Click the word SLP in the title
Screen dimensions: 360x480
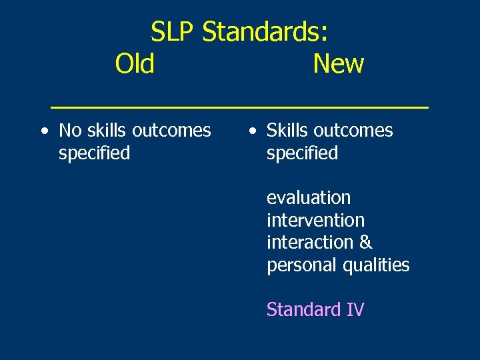[x=173, y=31]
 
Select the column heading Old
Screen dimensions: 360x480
[x=135, y=64]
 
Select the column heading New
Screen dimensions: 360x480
[x=338, y=64]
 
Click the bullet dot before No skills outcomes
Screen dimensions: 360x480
[x=43, y=131]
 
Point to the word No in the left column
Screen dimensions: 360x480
[x=70, y=131]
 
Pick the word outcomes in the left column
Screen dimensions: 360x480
[x=172, y=131]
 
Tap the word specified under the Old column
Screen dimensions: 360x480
[x=94, y=153]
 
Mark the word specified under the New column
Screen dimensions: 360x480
[x=302, y=153]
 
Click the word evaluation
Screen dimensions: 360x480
[x=308, y=198]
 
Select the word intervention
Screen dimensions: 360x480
[x=315, y=220]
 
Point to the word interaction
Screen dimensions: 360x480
[x=311, y=243]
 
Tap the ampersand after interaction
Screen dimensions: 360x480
[x=366, y=243]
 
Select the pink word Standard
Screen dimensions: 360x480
[x=303, y=310]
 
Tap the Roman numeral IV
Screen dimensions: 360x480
[x=355, y=310]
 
